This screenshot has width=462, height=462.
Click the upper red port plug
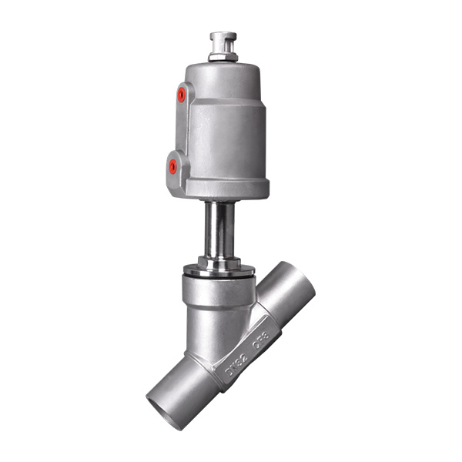(x=181, y=95)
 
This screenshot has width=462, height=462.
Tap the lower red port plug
(x=172, y=165)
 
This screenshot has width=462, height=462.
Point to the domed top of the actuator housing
(x=223, y=71)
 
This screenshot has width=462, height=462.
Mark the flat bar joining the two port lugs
(x=177, y=129)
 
